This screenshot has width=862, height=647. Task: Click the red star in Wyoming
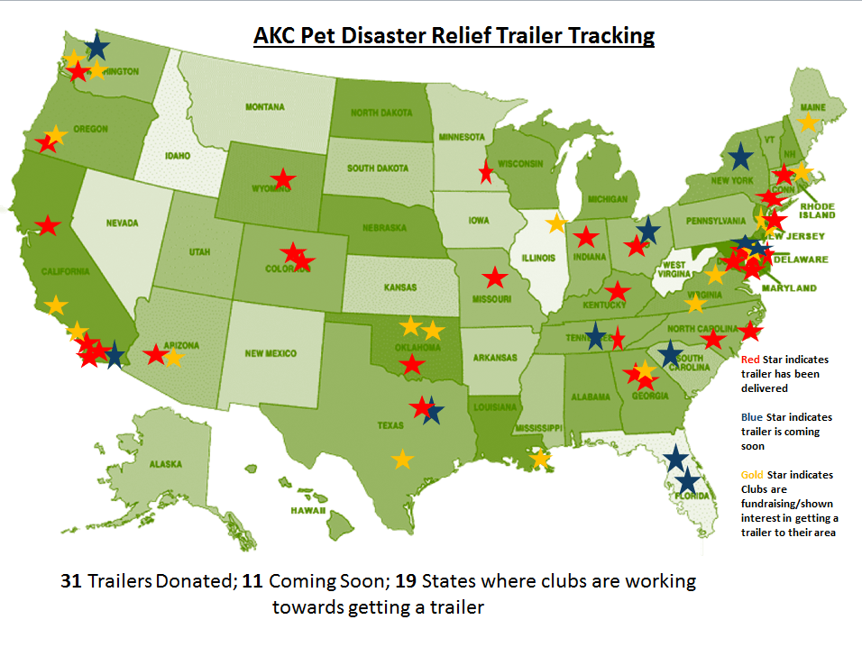click(x=284, y=179)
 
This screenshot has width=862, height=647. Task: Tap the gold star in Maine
click(x=809, y=121)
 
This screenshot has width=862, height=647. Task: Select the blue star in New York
click(x=740, y=157)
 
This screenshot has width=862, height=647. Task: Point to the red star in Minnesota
click(x=487, y=171)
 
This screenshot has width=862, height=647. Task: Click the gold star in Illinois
click(x=556, y=223)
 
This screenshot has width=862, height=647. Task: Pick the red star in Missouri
click(x=494, y=277)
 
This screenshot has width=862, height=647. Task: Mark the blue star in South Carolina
click(x=670, y=354)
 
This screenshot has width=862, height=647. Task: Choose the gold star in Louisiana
click(x=540, y=459)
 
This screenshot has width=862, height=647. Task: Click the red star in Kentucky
click(x=617, y=291)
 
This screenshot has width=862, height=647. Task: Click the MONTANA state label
click(x=265, y=107)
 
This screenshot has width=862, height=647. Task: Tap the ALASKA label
click(x=166, y=464)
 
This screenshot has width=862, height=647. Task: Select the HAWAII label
click(x=307, y=510)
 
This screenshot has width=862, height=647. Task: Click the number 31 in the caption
click(x=71, y=581)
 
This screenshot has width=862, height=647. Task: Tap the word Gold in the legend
click(x=751, y=475)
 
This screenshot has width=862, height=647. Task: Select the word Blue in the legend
click(x=750, y=417)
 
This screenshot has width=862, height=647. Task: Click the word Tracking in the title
click(x=610, y=36)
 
